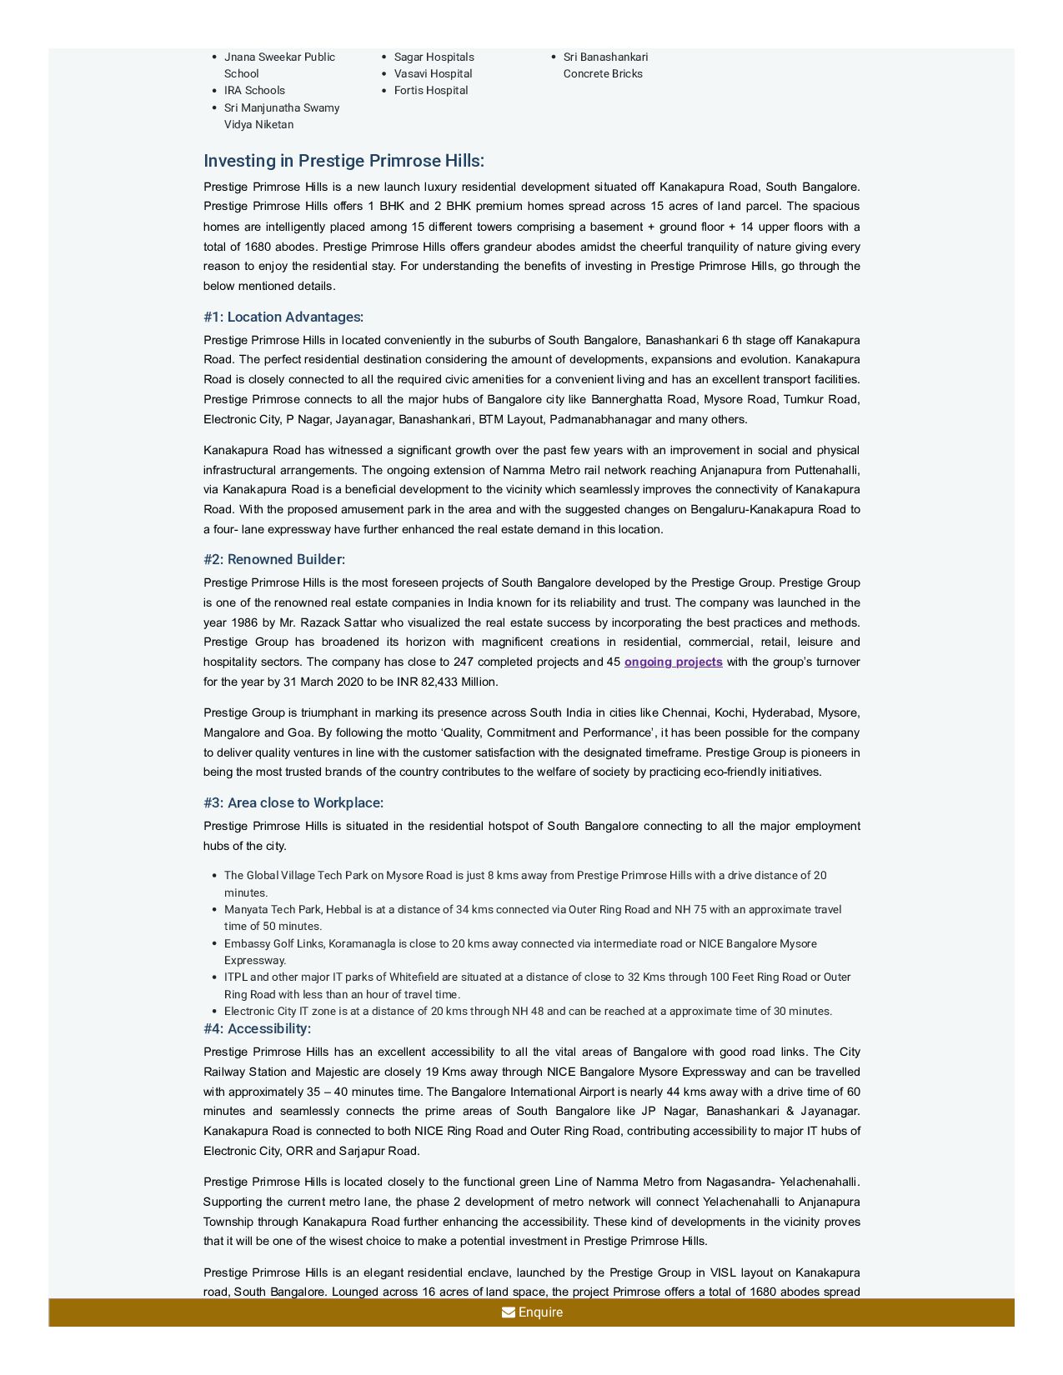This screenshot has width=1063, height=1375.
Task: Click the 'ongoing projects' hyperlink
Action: [x=673, y=662]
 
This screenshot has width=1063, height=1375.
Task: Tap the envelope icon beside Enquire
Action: [x=508, y=1312]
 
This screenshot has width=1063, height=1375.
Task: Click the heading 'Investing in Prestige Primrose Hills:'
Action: [x=343, y=161]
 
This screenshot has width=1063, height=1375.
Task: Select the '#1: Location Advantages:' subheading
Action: [x=283, y=317]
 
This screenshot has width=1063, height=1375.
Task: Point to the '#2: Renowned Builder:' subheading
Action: [x=274, y=559]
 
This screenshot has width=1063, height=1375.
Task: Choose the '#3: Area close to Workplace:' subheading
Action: [x=293, y=802]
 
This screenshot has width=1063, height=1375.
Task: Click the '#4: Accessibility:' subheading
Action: [x=257, y=1028]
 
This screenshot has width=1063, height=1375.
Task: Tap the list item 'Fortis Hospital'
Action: [x=430, y=90]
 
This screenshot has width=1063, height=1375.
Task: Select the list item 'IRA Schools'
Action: [x=254, y=90]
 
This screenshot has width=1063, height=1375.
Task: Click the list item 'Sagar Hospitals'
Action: [x=434, y=57]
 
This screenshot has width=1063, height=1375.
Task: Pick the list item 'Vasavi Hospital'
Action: [x=433, y=73]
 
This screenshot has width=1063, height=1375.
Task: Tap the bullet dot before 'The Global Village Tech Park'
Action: [x=215, y=876]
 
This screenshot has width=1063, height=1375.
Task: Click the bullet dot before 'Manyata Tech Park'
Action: [x=215, y=910]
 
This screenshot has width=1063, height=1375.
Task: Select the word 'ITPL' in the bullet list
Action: [x=235, y=977]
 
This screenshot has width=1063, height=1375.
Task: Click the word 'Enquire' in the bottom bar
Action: [x=540, y=1312]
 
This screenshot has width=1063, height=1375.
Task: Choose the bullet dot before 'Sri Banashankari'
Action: [x=554, y=57]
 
